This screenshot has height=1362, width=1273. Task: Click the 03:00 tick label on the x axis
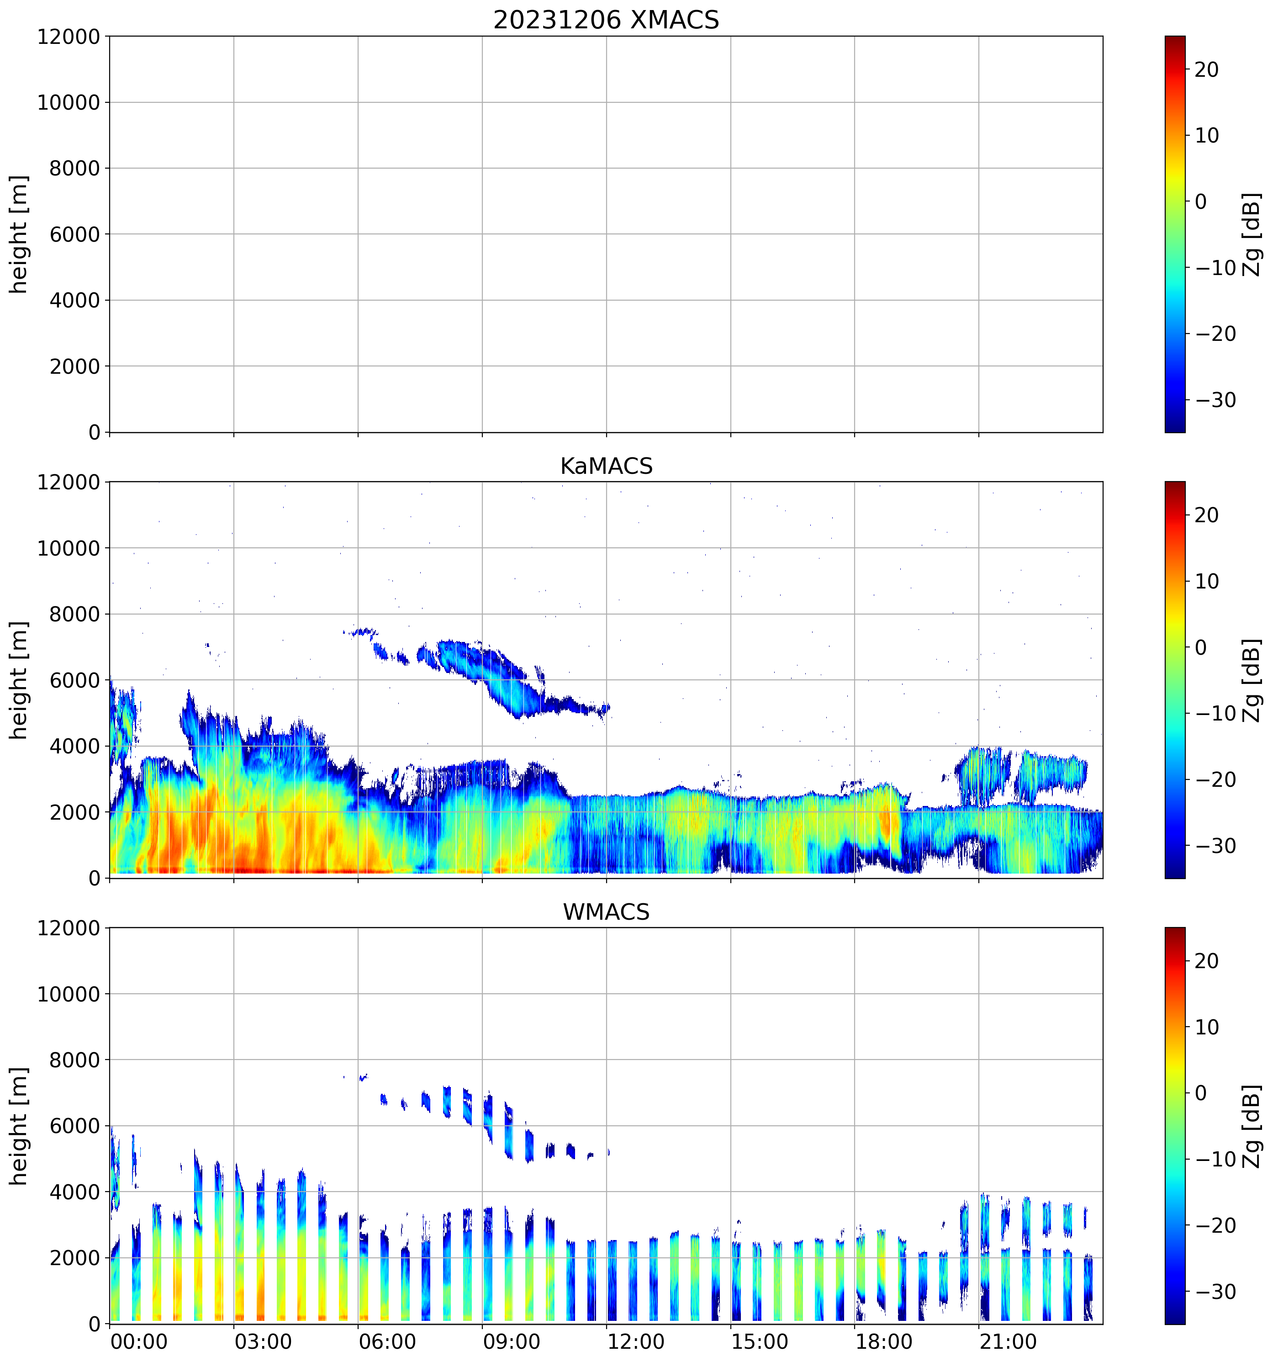[263, 1341]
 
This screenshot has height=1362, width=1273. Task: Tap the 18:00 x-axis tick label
[883, 1341]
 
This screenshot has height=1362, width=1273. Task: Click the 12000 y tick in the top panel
[69, 36]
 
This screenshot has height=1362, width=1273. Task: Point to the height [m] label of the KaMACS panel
[19, 680]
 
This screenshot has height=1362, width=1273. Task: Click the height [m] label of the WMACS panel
[19, 1126]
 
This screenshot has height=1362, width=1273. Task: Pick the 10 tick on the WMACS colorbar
[1207, 1027]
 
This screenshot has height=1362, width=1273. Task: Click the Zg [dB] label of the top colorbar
[1252, 234]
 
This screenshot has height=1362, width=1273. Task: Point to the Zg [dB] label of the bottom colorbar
[1252, 1126]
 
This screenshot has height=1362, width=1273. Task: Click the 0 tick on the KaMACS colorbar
[1200, 647]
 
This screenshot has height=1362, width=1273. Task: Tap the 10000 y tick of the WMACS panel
[69, 994]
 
